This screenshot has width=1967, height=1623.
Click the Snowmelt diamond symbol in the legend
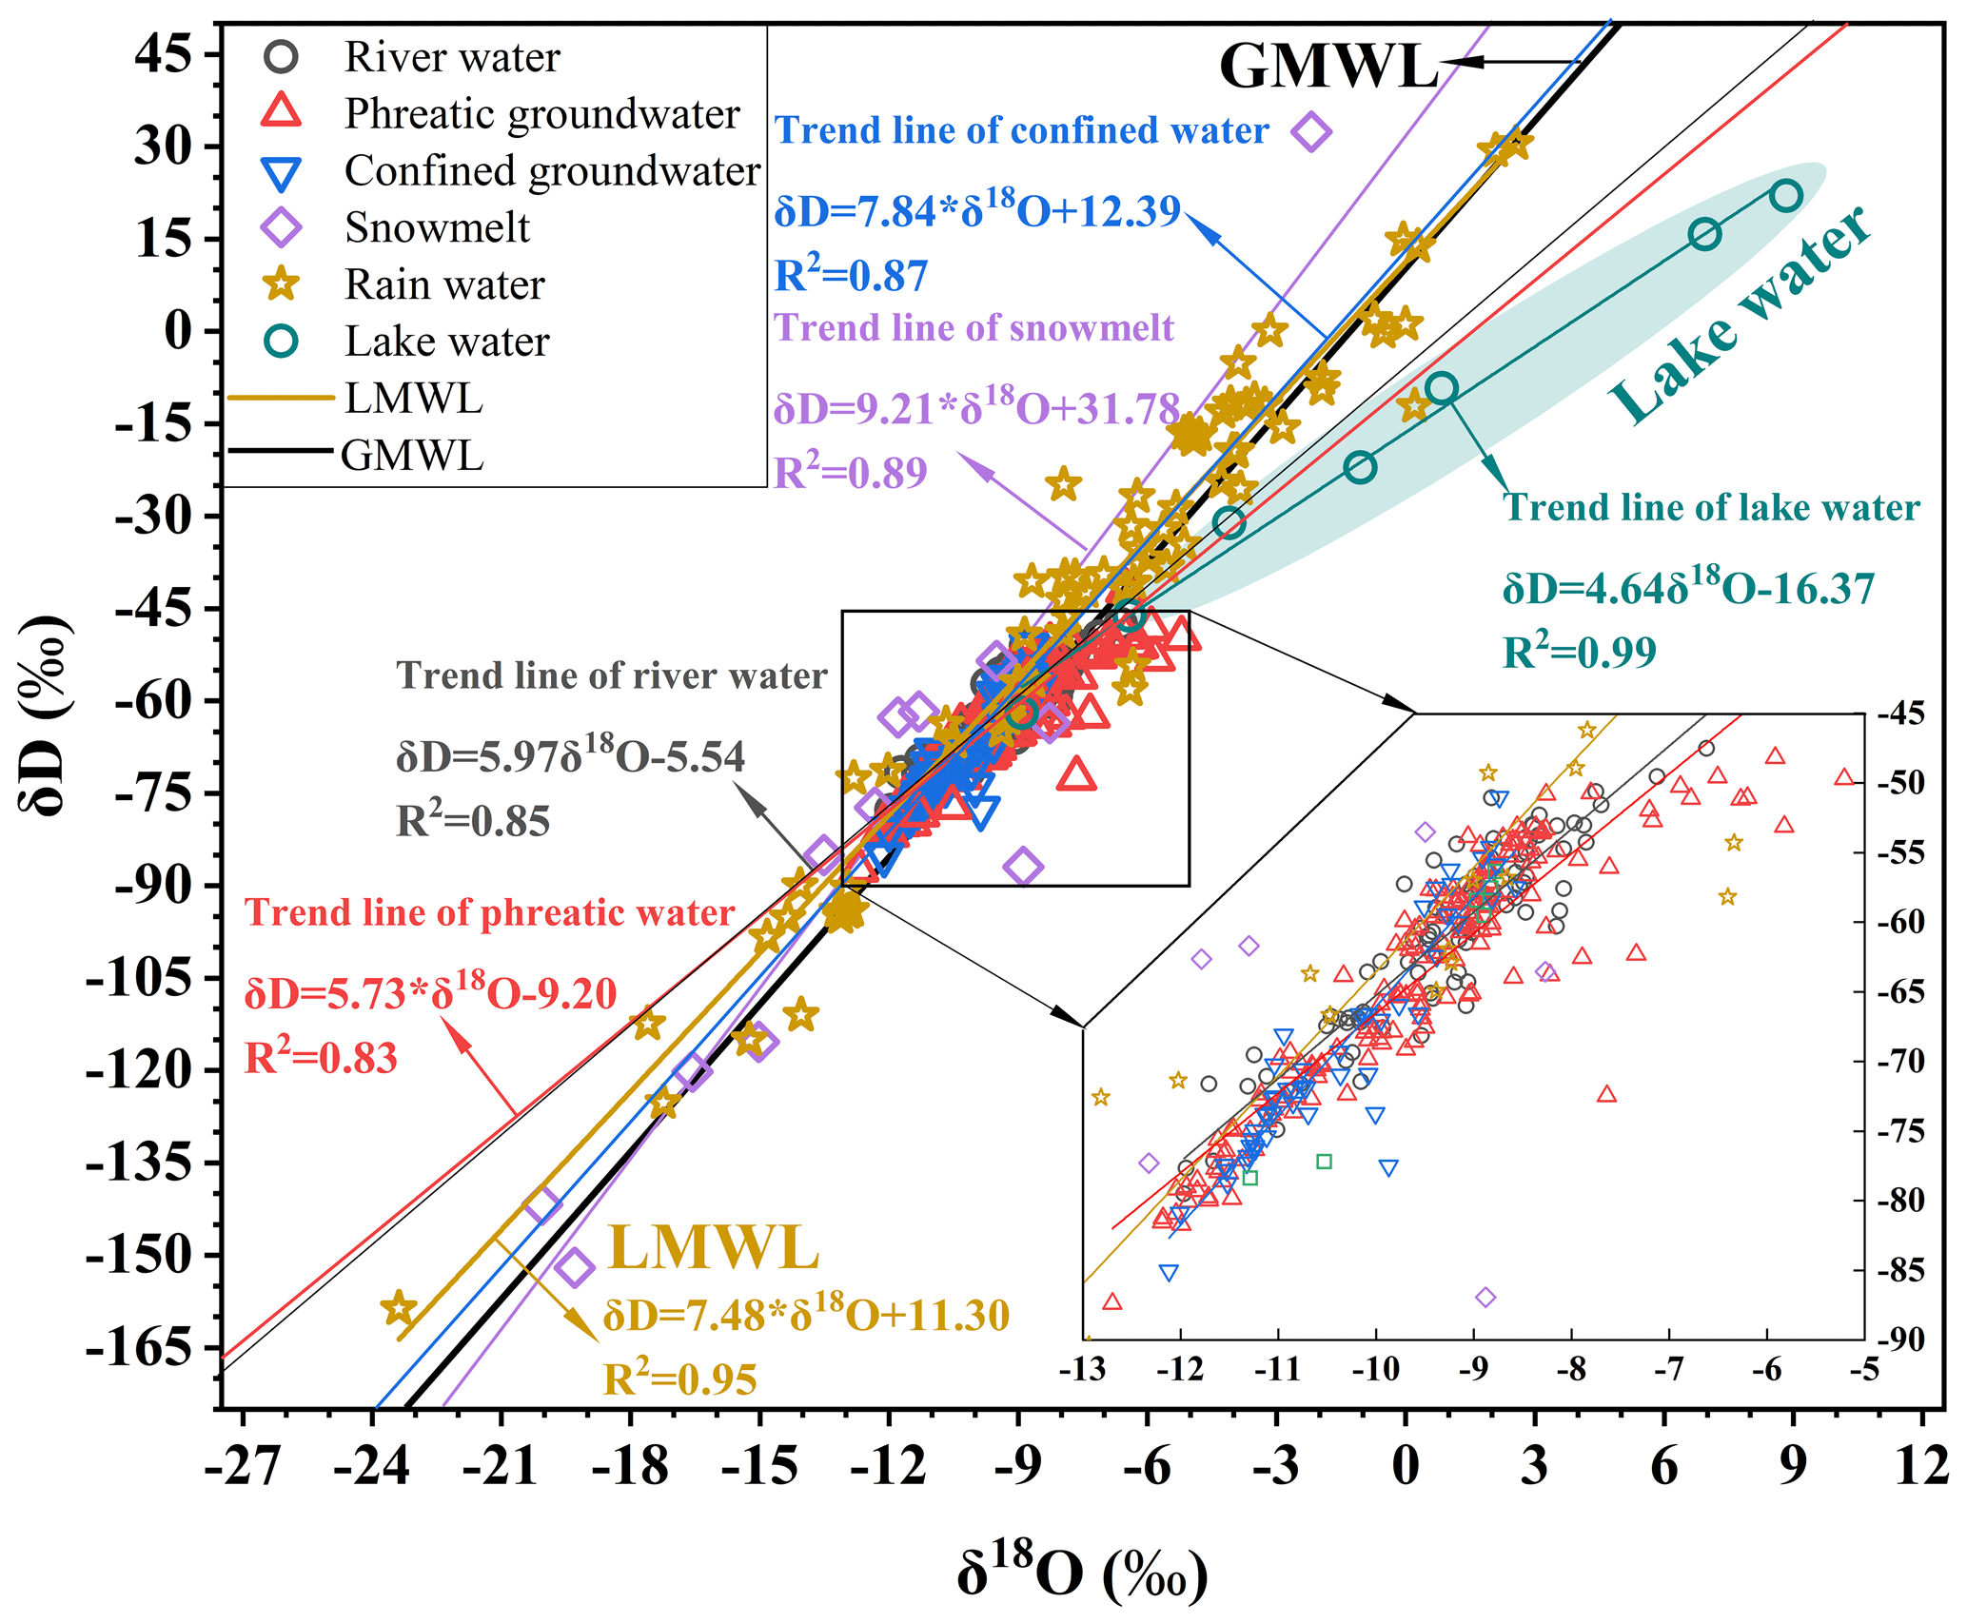pos(283,227)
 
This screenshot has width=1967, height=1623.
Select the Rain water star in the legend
pos(283,284)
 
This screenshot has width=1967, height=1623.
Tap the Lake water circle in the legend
pos(283,342)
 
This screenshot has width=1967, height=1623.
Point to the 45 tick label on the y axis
pos(163,55)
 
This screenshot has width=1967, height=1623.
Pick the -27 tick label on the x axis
pos(243,1466)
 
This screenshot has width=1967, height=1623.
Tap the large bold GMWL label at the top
pos(1328,67)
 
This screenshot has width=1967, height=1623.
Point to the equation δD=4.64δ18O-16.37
pos(1688,588)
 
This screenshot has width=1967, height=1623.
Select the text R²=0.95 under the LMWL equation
pos(680,1379)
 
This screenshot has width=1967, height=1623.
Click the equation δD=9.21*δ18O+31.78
pos(976,408)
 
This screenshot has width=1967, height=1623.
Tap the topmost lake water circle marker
pos(1786,196)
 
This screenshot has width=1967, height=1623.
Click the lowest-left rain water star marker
pos(399,1308)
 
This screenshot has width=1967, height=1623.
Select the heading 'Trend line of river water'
pos(612,675)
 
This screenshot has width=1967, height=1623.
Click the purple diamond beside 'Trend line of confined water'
pos(1310,131)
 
